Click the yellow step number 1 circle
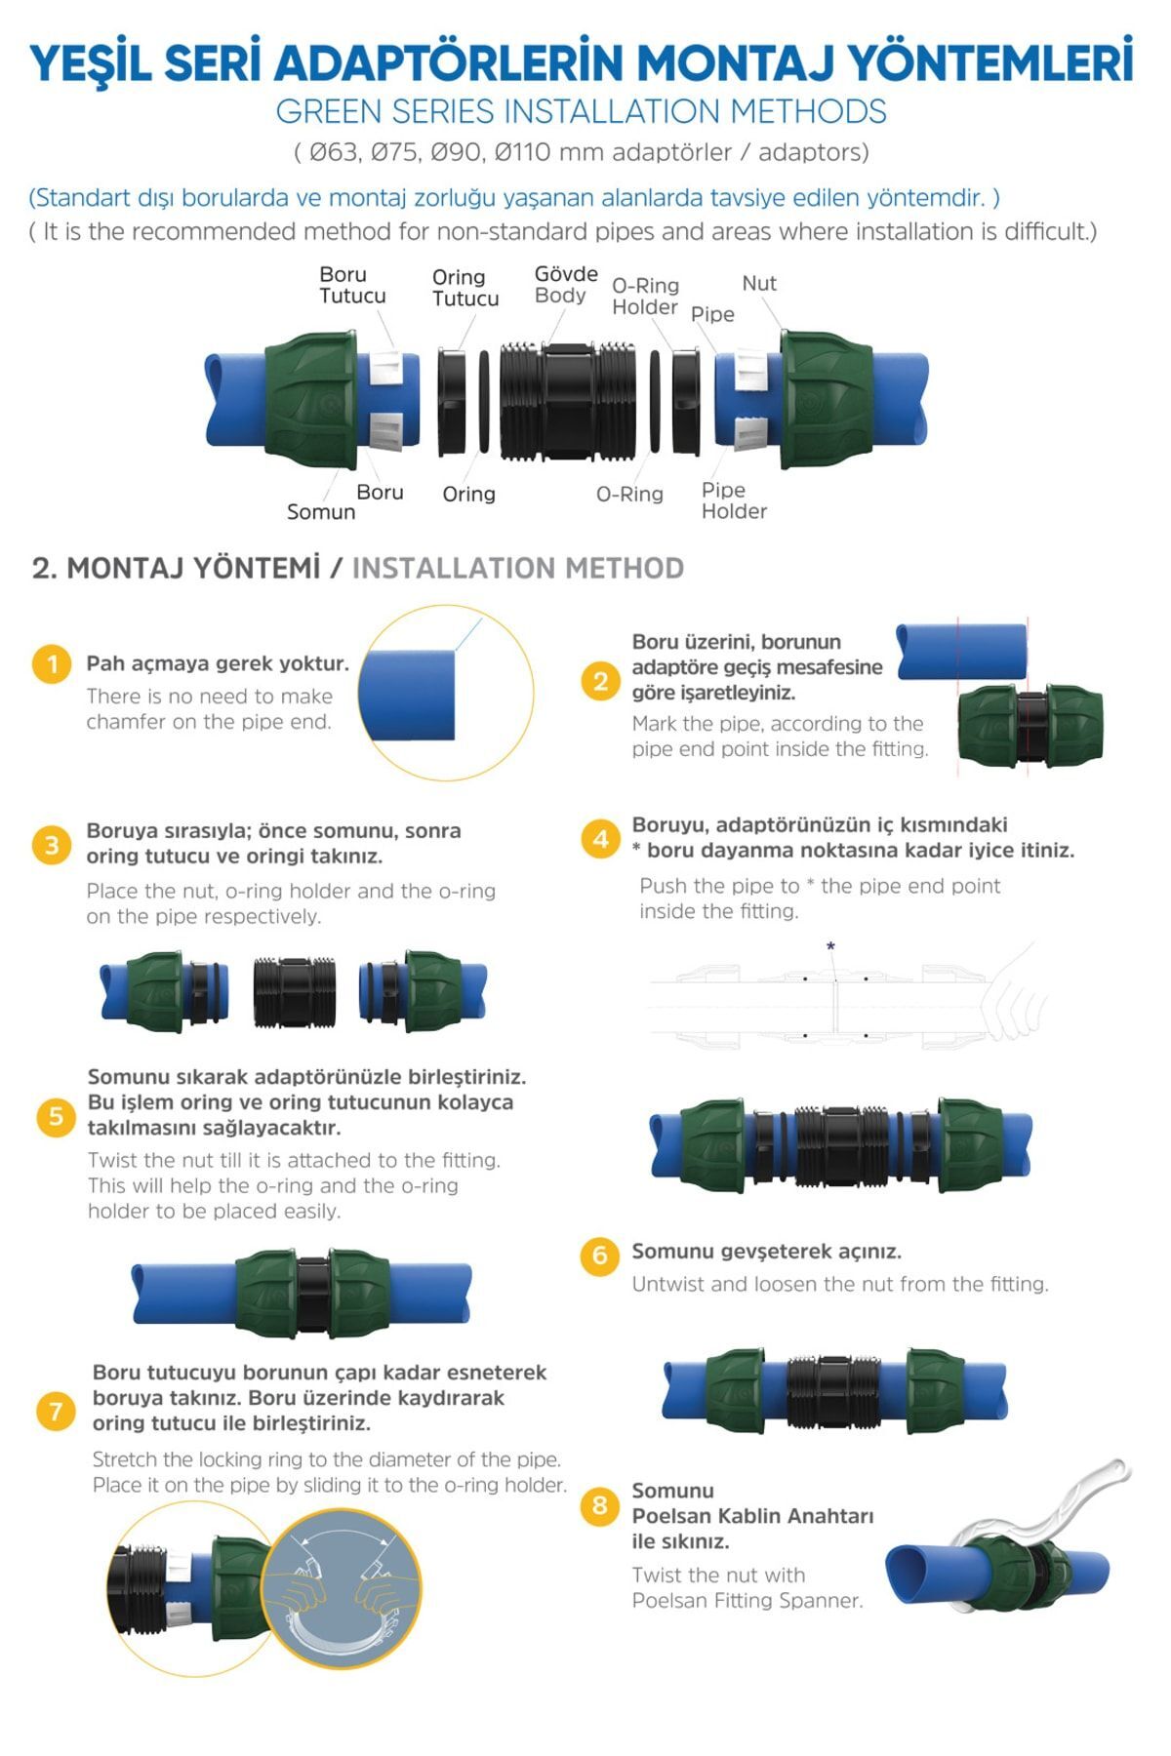(52, 664)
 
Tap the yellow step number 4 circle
(600, 839)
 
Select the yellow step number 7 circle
(56, 1411)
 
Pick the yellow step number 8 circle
(600, 1505)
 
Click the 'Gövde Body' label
(566, 284)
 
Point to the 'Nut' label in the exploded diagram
(759, 283)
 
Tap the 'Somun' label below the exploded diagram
(321, 512)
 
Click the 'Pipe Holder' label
(734, 500)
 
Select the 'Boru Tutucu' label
(352, 285)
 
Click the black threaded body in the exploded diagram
(568, 400)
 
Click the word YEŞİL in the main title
(91, 63)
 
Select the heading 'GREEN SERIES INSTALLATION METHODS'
(582, 111)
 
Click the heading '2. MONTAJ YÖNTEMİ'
(176, 568)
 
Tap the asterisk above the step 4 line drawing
(830, 946)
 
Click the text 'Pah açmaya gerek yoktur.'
(218, 663)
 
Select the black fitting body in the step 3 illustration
(295, 992)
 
